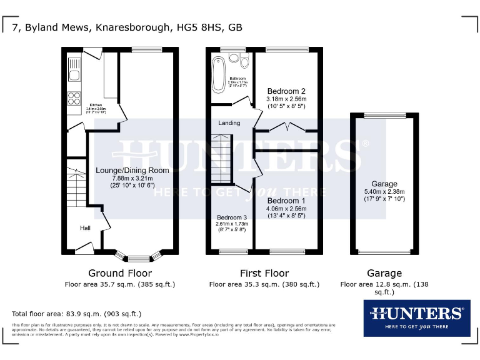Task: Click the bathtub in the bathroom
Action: point(219,74)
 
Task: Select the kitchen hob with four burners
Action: point(74,97)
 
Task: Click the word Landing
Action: point(229,123)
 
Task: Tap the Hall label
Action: point(85,229)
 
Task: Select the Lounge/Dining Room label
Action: point(132,170)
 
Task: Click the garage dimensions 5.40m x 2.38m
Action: point(384,192)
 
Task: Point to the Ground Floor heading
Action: point(119,273)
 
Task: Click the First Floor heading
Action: point(264,273)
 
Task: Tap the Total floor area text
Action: point(77,314)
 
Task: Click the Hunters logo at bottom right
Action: point(416,317)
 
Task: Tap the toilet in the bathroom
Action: point(234,58)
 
